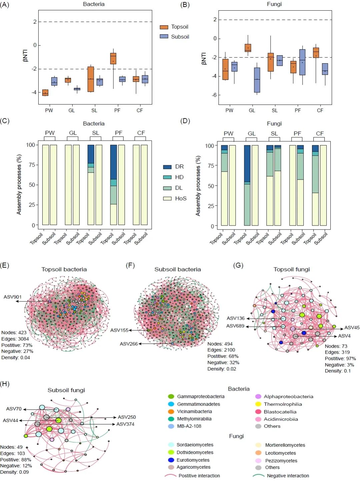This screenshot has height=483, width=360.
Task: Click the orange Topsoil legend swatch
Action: tap(164, 27)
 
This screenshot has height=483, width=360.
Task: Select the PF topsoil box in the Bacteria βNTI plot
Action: tap(113, 58)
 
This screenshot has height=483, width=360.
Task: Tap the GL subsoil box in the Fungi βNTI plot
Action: tap(257, 80)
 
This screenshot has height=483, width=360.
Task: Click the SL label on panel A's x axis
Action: tap(94, 111)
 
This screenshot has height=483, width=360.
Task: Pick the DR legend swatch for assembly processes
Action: tap(167, 167)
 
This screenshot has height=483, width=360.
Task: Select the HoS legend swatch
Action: tap(167, 199)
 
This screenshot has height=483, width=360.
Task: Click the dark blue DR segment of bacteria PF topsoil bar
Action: tap(113, 162)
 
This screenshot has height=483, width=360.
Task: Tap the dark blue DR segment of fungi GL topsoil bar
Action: tap(247, 164)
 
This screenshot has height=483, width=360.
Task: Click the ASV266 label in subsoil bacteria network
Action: tap(129, 344)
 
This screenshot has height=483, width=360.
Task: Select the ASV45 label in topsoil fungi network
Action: tap(352, 327)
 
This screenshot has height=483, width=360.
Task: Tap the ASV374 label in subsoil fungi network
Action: tap(125, 424)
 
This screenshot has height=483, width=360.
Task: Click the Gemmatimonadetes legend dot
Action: tap(171, 404)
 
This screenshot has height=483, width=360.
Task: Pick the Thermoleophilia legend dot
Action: tap(258, 404)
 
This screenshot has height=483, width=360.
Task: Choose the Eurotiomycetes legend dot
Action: tap(171, 460)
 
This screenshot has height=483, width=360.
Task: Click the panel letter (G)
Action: tap(238, 265)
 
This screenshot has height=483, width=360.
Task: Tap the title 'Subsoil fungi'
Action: tap(66, 390)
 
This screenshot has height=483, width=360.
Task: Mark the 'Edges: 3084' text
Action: tap(15, 339)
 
